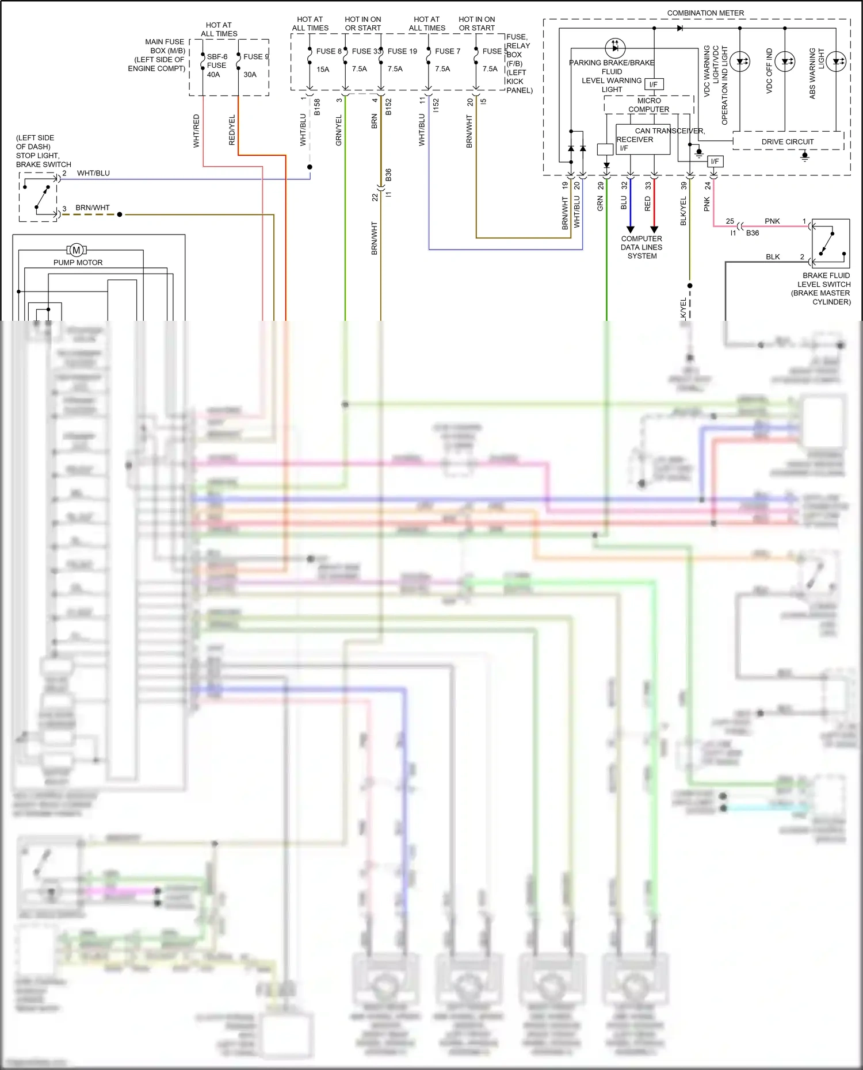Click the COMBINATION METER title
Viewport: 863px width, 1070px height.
tap(705, 13)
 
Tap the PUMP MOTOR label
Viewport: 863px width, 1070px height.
tap(78, 262)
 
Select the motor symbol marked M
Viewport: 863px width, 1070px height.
tap(77, 250)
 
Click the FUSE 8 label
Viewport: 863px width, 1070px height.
tap(329, 51)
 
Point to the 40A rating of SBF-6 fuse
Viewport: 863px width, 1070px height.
tap(213, 74)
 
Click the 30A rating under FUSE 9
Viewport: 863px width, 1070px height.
tap(250, 74)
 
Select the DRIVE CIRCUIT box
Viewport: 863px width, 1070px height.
tap(788, 141)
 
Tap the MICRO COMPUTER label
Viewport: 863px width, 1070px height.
tap(648, 105)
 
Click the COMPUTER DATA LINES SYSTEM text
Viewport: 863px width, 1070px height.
tap(641, 247)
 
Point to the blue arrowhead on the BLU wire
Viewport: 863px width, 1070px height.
tap(630, 229)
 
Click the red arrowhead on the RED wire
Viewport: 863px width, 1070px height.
tap(654, 229)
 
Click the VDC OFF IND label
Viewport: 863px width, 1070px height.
tap(769, 70)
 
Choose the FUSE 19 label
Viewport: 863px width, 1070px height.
tap(402, 51)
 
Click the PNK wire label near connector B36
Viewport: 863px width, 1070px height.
tap(772, 221)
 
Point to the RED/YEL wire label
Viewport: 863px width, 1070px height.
tap(232, 130)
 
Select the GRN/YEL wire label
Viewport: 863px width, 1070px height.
tap(338, 130)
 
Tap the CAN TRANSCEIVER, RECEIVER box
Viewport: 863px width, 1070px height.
tap(643, 140)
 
